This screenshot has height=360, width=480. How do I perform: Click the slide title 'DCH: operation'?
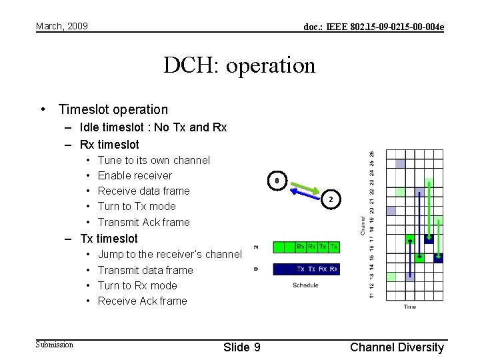coord(239,65)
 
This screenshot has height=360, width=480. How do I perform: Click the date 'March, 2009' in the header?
coord(62,26)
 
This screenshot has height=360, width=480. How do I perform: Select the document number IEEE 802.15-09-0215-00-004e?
coord(373,27)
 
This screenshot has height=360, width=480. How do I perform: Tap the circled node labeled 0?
coord(278,181)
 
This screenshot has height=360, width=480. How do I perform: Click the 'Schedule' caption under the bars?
coord(305,285)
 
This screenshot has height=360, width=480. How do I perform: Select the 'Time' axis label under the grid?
coord(409,307)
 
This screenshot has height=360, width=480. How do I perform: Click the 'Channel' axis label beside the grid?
coord(363,225)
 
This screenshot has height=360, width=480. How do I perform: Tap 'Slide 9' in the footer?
coord(242,347)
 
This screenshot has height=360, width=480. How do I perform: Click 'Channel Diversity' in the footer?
coord(397,347)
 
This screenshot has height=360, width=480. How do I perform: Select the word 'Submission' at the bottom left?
coord(55,345)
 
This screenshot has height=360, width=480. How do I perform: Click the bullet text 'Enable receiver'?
coord(135,175)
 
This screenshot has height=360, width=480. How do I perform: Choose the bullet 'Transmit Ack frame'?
coord(143,222)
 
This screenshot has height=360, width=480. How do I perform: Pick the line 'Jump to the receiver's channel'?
coord(169,254)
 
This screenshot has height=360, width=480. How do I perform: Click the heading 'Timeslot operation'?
coord(113,109)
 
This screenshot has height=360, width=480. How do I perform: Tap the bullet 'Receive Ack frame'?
coord(142,301)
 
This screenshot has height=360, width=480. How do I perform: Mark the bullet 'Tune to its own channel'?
coord(153,160)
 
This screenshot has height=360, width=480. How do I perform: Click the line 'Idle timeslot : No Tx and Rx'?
coord(153,127)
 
